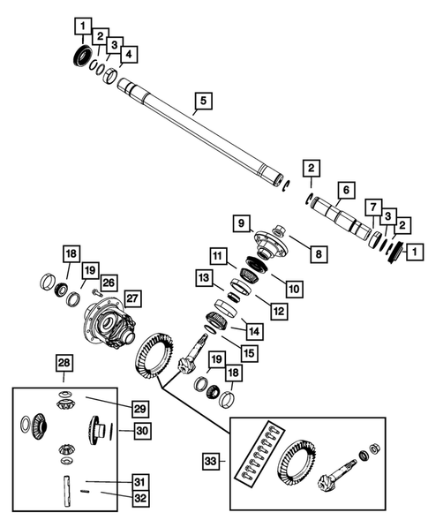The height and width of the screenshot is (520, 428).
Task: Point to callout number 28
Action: tap(64, 363)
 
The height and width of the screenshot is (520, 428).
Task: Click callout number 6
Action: tap(346, 190)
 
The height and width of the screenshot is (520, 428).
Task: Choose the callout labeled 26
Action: tap(109, 283)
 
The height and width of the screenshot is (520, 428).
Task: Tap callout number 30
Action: tap(140, 431)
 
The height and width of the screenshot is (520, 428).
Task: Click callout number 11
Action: tap(217, 255)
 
